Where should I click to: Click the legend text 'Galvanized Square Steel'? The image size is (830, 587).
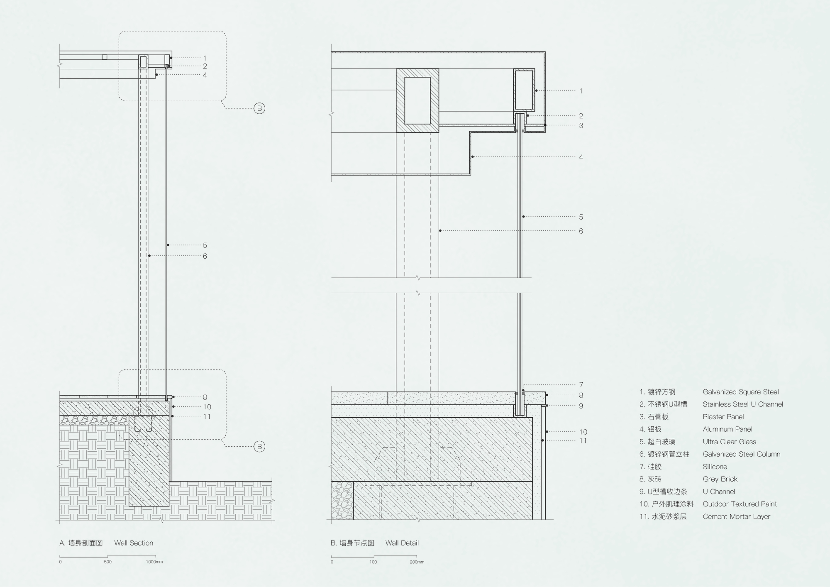point(741,392)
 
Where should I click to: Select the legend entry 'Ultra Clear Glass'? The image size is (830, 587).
point(729,442)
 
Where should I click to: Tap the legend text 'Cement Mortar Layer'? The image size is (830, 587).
point(736,516)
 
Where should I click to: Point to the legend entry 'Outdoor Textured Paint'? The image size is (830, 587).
point(740,504)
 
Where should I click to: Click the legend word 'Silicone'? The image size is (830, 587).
point(715,467)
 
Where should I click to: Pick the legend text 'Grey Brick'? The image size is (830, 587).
point(720,479)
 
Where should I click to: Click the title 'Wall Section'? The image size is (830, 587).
point(134,543)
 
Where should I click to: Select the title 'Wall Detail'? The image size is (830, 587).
point(402,543)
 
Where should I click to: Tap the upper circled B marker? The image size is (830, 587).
point(259,108)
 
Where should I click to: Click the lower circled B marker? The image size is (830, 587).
point(259,447)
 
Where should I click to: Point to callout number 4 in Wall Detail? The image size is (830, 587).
point(581,157)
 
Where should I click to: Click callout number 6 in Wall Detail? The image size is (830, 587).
point(581,231)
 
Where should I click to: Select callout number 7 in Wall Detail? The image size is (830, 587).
point(581,385)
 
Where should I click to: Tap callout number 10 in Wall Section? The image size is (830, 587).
point(207,407)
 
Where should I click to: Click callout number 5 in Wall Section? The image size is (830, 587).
point(205,245)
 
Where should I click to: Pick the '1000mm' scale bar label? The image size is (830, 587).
point(154,562)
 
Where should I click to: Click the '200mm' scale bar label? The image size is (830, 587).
point(417,562)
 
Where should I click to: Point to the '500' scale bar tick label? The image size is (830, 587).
point(108,562)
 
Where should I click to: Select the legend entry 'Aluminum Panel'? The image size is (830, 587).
point(727,429)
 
